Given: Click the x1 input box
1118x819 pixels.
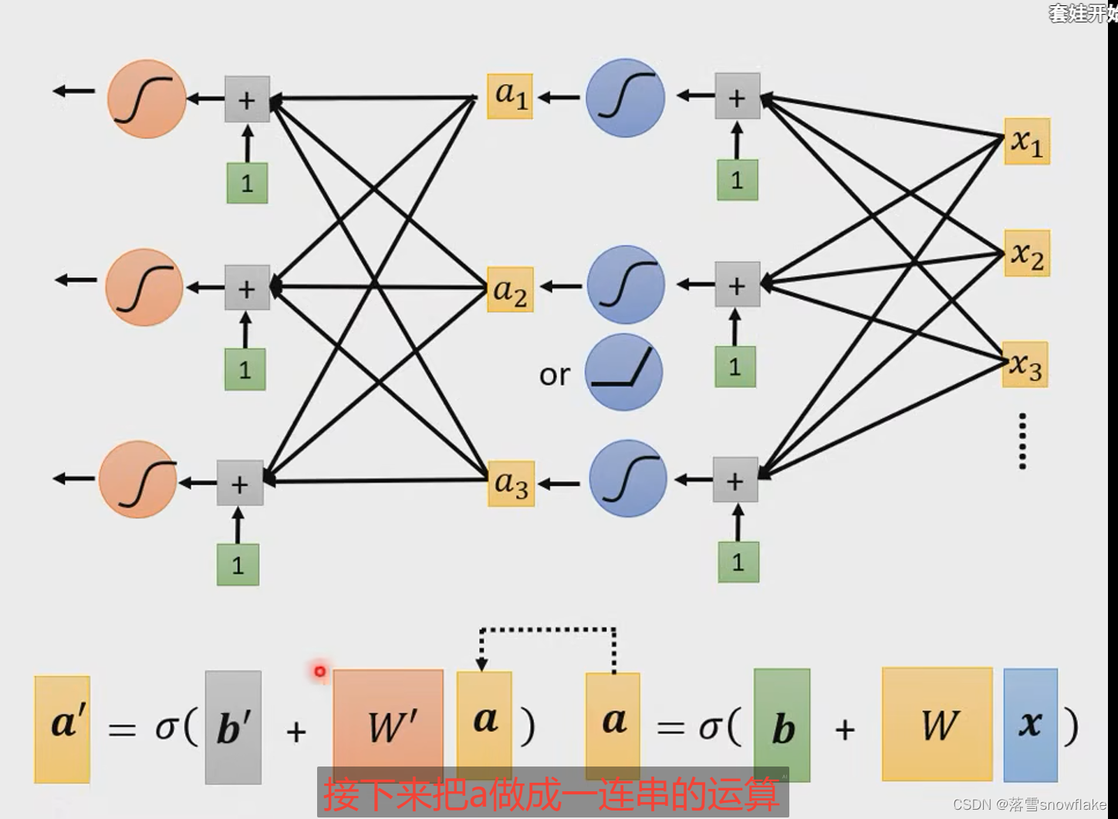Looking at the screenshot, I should [1027, 141].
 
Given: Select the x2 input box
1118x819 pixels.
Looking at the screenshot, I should [1027, 253].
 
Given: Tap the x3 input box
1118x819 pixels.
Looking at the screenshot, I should [1025, 364].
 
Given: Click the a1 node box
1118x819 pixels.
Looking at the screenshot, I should [510, 96].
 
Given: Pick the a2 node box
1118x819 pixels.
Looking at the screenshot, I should [510, 289].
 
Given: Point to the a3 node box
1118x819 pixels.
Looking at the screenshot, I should [511, 483].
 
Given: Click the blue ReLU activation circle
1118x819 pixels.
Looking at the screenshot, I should [624, 372].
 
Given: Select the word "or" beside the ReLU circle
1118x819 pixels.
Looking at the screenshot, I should [555, 375].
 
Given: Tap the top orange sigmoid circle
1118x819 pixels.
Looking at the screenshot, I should [147, 100].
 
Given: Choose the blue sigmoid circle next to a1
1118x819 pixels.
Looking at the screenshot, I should [626, 98].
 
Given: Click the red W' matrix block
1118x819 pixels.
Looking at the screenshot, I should [389, 726].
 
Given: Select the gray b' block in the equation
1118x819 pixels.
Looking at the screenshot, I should [233, 727].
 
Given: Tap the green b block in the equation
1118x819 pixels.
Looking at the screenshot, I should [782, 726].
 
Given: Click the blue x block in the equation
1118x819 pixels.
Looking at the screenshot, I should [1030, 725].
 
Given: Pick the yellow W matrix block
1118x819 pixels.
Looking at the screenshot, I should [937, 724].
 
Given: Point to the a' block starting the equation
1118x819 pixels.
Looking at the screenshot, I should [62, 729].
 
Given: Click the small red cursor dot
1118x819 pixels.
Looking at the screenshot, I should [319, 672].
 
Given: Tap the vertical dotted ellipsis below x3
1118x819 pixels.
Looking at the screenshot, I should [1022, 441].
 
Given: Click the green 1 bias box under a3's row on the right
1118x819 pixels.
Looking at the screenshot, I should [738, 561].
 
